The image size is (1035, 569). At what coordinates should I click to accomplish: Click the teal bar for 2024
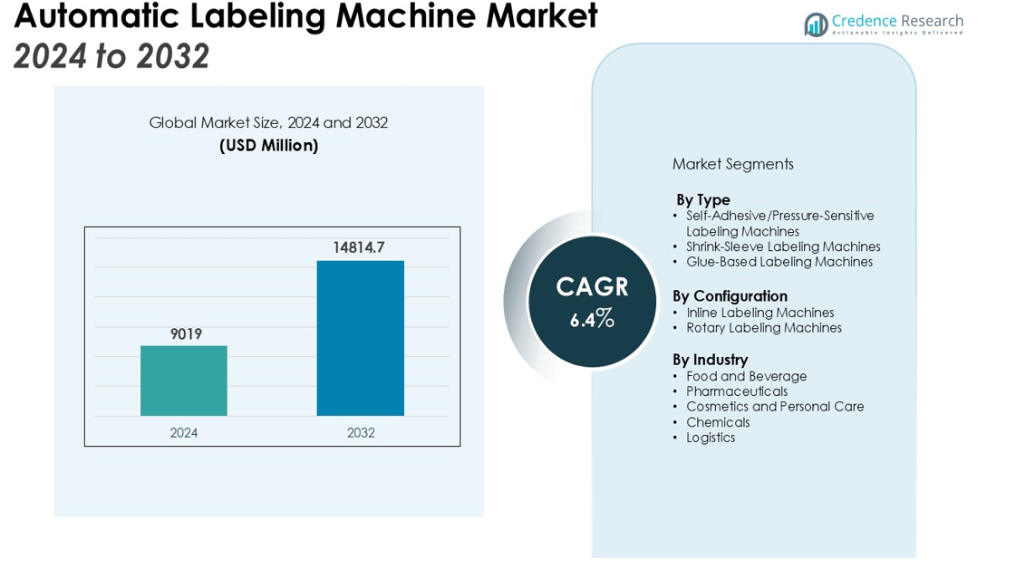coord(184,381)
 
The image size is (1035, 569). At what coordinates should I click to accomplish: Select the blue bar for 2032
coord(360,338)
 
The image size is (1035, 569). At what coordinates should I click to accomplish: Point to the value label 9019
coord(186,334)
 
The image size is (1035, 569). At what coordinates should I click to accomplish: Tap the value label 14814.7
coord(359,247)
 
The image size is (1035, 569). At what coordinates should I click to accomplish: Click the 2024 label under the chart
coord(184,433)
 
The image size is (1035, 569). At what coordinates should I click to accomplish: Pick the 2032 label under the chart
coord(361,433)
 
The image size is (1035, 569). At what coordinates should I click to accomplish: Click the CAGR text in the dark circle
coord(592,287)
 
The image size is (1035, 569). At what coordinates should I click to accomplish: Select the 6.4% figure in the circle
coord(592,319)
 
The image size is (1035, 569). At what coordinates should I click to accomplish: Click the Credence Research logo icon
coord(816,24)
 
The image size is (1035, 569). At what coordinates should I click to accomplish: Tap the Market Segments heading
coord(732,164)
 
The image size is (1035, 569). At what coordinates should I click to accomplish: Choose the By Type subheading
coord(702,199)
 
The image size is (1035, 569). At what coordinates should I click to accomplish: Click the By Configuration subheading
coord(730,296)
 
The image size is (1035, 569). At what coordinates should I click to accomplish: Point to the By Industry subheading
coord(710,360)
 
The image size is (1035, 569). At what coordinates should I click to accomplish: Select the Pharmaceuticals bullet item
coord(737,391)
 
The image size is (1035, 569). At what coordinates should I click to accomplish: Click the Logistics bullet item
coord(711,438)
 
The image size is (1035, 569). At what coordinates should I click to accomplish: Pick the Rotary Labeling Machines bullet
coord(764,328)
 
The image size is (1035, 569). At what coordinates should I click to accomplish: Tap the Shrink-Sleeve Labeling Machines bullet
coord(783,246)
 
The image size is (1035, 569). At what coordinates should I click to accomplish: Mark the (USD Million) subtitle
coord(268,145)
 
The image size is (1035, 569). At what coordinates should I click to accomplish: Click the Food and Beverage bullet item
coord(746,376)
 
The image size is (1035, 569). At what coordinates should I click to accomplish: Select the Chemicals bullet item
coord(718,422)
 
